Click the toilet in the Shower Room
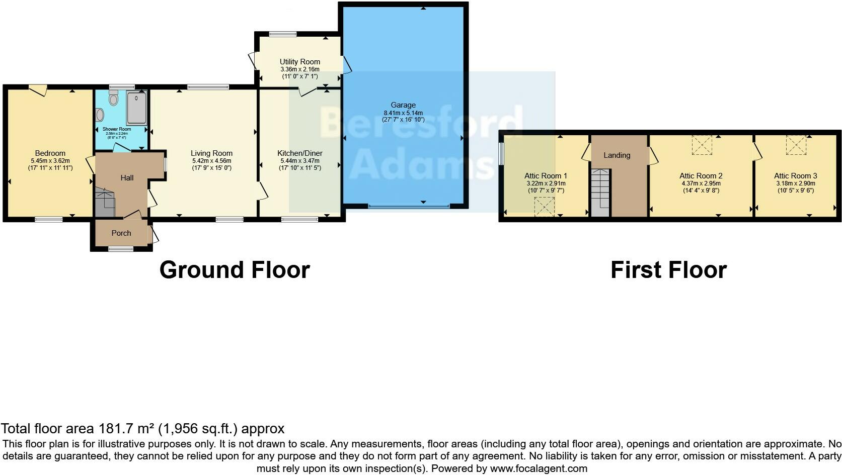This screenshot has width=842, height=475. coord(113,99)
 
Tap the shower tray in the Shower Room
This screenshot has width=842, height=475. coord(136,108)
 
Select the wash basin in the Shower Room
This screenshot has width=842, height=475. coord(99,115)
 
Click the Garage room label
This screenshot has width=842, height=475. coord(403,105)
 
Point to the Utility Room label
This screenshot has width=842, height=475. coord(300,62)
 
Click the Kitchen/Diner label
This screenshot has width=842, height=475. coord(300,153)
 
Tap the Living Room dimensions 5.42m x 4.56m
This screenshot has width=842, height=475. coord(211,161)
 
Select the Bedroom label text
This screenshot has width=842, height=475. coord(50,153)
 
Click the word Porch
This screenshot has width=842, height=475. coord(121,233)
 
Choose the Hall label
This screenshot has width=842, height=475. coord(127,177)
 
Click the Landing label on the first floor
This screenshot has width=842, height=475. coord(617,155)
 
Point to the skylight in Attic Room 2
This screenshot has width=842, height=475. coord(702,145)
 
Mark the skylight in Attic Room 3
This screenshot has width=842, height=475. coord(796,145)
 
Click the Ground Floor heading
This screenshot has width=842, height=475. coord(235,270)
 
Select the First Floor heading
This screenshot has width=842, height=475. coord(668,270)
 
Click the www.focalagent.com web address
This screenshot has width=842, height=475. coord(539,468)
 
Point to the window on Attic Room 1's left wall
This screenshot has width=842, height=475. coord(501,154)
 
